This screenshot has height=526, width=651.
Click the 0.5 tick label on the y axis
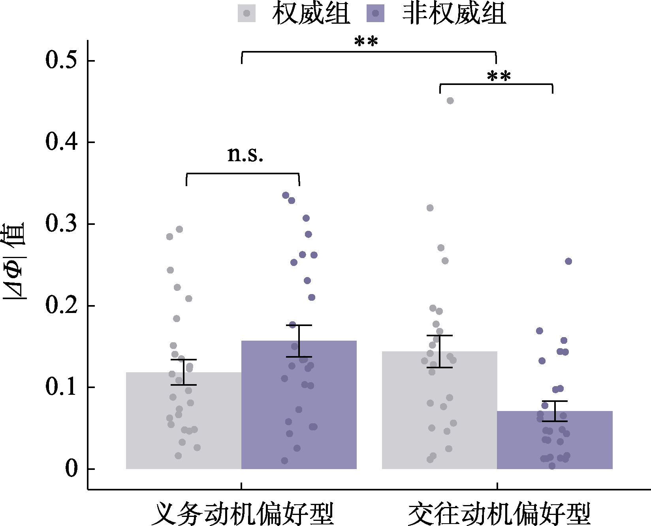click(x=61, y=60)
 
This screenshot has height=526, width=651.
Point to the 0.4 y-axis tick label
click(x=61, y=142)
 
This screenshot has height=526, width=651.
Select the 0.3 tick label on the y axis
click(x=61, y=224)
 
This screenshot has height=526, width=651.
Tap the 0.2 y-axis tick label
click(x=61, y=305)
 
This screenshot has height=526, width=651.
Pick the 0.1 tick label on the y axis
click(x=61, y=387)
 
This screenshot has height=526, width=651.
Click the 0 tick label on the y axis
click(x=71, y=469)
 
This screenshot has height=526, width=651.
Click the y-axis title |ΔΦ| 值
click(x=14, y=261)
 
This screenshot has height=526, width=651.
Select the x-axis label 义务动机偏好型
click(x=243, y=514)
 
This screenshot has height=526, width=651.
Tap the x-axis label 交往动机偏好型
click(x=499, y=514)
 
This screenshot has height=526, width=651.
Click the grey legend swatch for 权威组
click(x=247, y=13)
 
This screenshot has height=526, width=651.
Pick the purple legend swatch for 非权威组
click(x=375, y=13)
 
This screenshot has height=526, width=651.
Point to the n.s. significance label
click(x=245, y=155)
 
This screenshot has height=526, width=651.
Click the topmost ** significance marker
click(x=366, y=41)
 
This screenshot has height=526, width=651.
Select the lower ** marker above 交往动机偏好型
click(x=499, y=76)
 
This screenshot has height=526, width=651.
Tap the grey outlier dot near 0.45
click(x=450, y=101)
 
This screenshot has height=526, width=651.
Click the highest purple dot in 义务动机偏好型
click(x=286, y=195)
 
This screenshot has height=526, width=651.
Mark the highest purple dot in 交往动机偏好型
click(x=568, y=261)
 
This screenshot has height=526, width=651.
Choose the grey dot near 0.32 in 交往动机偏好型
click(x=430, y=208)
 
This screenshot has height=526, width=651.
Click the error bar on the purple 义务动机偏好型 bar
click(x=299, y=341)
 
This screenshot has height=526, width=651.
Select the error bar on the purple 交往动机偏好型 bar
click(x=555, y=411)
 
